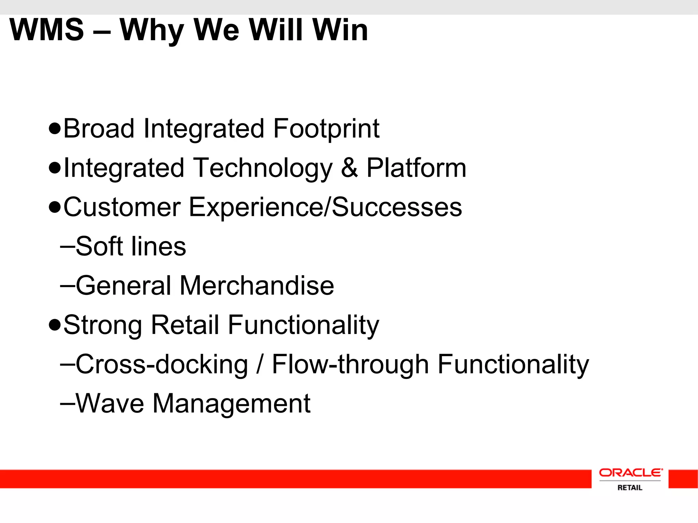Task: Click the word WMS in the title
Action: pos(47,30)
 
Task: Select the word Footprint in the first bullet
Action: pos(326,129)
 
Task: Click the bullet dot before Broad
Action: pos(55,129)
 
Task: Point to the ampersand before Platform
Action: pos(349,168)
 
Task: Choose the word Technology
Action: pos(263,168)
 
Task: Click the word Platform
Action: pos(416,168)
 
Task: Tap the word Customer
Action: pos(122,207)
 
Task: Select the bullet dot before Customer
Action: pos(55,207)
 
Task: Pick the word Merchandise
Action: pos(257,285)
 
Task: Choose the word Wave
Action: pos(110,403)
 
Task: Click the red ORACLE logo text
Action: pos(631,473)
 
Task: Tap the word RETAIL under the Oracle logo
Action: pos(630,488)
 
